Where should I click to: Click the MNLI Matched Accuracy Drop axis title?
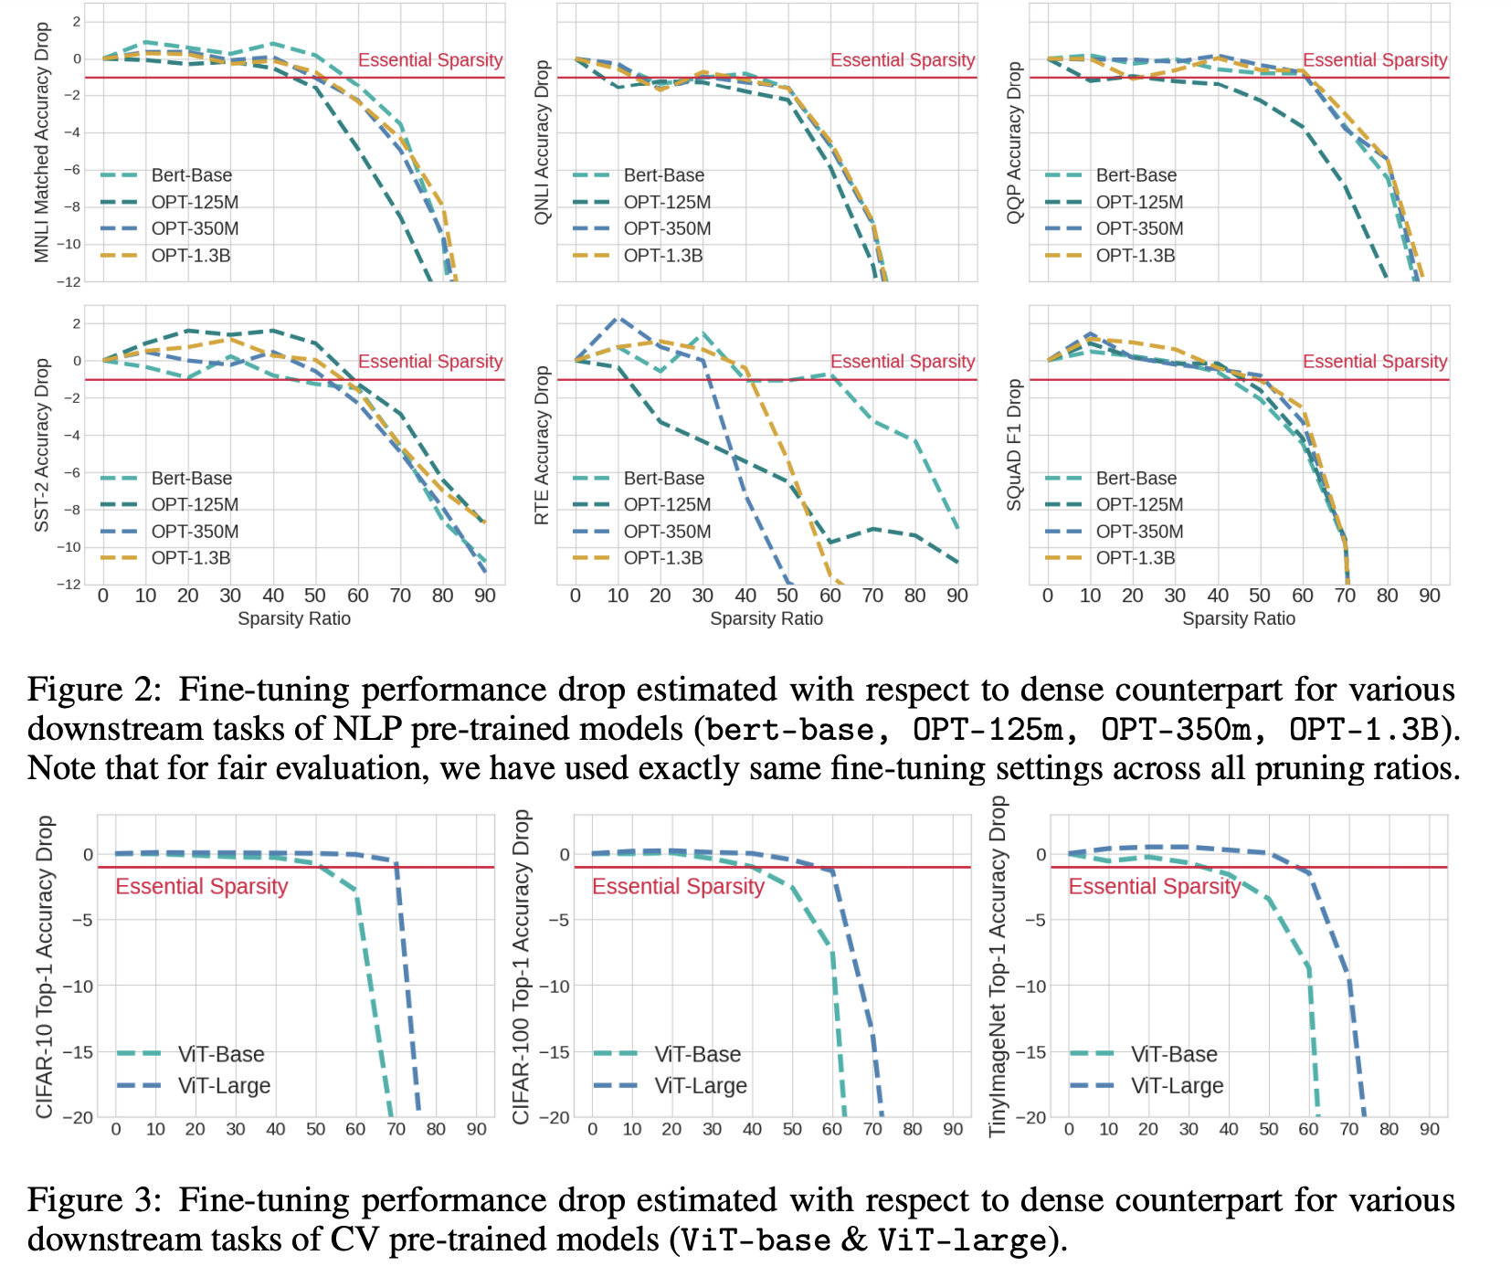(x=42, y=142)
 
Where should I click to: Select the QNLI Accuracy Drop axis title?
(x=542, y=142)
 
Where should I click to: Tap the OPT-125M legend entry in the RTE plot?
(x=667, y=504)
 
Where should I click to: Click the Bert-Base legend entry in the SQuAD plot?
(x=1136, y=478)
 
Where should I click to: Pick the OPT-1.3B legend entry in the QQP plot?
(x=1136, y=255)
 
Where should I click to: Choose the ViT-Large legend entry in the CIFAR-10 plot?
(x=224, y=1086)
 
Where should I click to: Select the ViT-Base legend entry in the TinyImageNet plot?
(x=1174, y=1054)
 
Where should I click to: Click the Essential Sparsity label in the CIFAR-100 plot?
(x=678, y=886)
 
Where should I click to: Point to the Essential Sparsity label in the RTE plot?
(x=902, y=362)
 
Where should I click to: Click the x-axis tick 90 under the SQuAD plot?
(x=1430, y=596)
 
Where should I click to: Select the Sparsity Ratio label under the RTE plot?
(x=766, y=618)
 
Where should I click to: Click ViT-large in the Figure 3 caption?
(x=962, y=1240)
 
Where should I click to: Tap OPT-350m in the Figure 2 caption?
(x=1176, y=729)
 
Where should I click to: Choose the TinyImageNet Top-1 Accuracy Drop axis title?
(x=999, y=966)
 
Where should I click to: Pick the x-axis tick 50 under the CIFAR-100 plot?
(x=792, y=1129)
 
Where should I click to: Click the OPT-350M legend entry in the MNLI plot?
(x=195, y=228)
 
